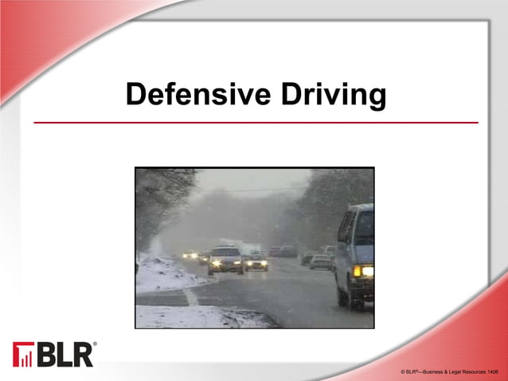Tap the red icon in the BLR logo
pyautogui.click(x=22, y=355)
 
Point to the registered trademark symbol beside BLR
pyautogui.click(x=96, y=344)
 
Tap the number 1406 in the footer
pyautogui.click(x=493, y=372)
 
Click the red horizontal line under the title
pyautogui.click(x=255, y=123)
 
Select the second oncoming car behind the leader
pyautogui.click(x=256, y=261)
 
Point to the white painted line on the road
pyautogui.click(x=191, y=296)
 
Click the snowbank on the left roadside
pyautogui.click(x=163, y=275)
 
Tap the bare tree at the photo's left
pyautogui.click(x=155, y=199)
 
